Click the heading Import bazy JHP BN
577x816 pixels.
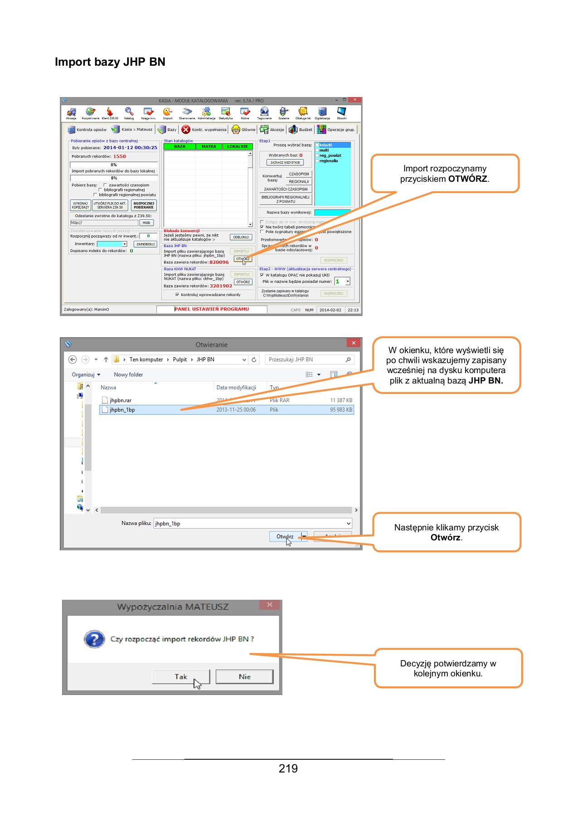[x=110, y=62]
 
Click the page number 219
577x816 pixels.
[x=288, y=768]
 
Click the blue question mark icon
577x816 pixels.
[x=94, y=639]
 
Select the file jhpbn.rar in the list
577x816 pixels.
[x=121, y=400]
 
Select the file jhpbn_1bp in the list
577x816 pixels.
[x=122, y=410]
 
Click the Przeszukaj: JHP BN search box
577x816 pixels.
[x=306, y=359]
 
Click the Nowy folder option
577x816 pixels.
[x=128, y=374]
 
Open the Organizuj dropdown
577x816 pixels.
[x=86, y=374]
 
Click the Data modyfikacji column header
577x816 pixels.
[x=236, y=388]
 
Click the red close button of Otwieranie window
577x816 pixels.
[x=354, y=343]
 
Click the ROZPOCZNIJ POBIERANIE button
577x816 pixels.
[x=144, y=205]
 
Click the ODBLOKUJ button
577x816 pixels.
[x=241, y=237]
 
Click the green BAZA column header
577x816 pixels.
[x=179, y=146]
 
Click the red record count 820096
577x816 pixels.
[x=219, y=262]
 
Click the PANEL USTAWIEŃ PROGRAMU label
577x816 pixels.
[x=212, y=309]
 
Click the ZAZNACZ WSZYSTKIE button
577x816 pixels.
[x=285, y=162]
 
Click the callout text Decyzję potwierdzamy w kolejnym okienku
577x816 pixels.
[x=448, y=668]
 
